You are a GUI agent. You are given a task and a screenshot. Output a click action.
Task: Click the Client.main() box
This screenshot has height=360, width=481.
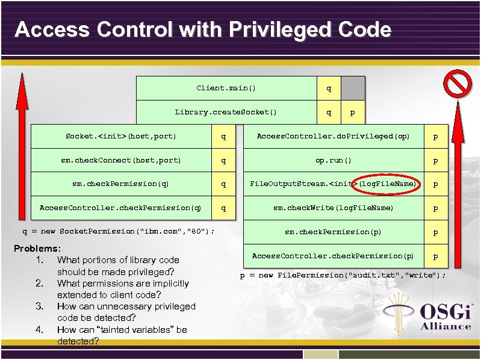coord(226,88)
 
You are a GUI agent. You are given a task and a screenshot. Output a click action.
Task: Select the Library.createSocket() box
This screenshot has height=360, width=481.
coord(226,112)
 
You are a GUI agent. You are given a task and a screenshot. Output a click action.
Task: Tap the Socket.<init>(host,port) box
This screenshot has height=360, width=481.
coord(121,137)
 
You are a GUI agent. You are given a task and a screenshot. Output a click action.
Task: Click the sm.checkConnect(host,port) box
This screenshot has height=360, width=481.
coord(121,161)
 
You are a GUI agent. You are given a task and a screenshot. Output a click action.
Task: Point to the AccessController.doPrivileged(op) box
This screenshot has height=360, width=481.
coord(333,137)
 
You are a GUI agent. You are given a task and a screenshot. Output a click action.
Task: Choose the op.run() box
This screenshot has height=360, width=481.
coord(333,161)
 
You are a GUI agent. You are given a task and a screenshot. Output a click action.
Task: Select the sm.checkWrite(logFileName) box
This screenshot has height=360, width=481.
coord(333,208)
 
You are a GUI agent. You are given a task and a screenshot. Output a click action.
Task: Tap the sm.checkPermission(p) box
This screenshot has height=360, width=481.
coord(333,232)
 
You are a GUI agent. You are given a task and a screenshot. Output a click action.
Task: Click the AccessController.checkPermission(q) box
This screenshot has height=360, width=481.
coord(121,208)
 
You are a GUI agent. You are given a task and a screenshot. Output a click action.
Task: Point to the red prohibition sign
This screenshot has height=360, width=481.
coord(458,82)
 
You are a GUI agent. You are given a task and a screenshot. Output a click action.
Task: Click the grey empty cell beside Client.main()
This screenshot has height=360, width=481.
coord(353,88)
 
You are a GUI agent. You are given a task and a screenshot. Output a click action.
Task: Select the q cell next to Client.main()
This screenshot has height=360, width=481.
coord(329,88)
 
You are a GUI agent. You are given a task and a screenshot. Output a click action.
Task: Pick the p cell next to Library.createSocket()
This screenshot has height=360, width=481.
coord(353,112)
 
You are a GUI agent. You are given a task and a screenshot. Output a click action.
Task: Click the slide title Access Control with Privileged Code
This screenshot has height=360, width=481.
coord(203,29)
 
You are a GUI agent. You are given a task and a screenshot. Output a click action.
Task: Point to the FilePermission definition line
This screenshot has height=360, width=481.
coord(343,275)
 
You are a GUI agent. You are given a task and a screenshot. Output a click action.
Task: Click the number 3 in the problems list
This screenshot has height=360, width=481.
coord(39,306)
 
